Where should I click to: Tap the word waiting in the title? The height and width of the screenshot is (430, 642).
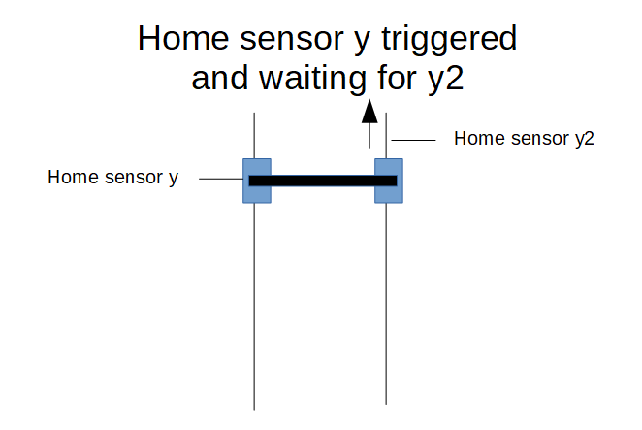tap(313, 78)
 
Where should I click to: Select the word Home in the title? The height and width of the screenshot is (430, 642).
tap(183, 38)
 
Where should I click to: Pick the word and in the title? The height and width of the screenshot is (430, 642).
tap(220, 78)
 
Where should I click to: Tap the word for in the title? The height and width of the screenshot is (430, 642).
tap(397, 77)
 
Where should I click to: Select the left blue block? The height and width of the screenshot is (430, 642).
tap(257, 181)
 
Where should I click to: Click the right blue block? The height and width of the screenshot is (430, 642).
tap(389, 181)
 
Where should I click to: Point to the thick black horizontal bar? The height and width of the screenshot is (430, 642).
tap(323, 181)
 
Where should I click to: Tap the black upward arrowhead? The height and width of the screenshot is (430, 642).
tap(369, 111)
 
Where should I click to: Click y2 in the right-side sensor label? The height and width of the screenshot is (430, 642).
tap(584, 140)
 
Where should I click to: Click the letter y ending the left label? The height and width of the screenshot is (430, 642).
tap(174, 180)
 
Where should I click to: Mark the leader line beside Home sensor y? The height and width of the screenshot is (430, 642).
tap(221, 179)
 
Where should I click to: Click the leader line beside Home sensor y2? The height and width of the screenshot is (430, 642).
tap(413, 140)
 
